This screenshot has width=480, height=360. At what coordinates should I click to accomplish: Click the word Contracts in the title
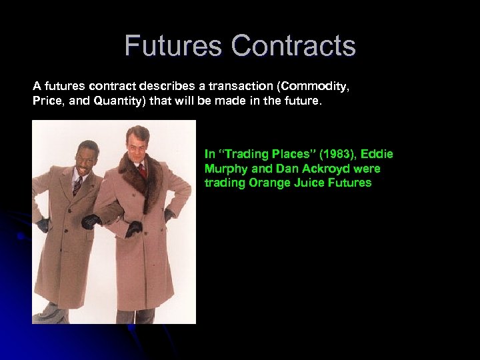(293, 47)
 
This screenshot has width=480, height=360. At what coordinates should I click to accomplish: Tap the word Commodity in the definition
(316, 86)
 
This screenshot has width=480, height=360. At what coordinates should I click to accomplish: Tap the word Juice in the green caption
(306, 183)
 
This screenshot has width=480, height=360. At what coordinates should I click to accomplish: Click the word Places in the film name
(287, 155)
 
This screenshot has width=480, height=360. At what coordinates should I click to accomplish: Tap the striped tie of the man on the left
(78, 185)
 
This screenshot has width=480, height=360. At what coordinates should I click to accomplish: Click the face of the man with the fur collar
(138, 145)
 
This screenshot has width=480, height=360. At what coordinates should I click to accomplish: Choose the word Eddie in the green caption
(377, 155)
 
